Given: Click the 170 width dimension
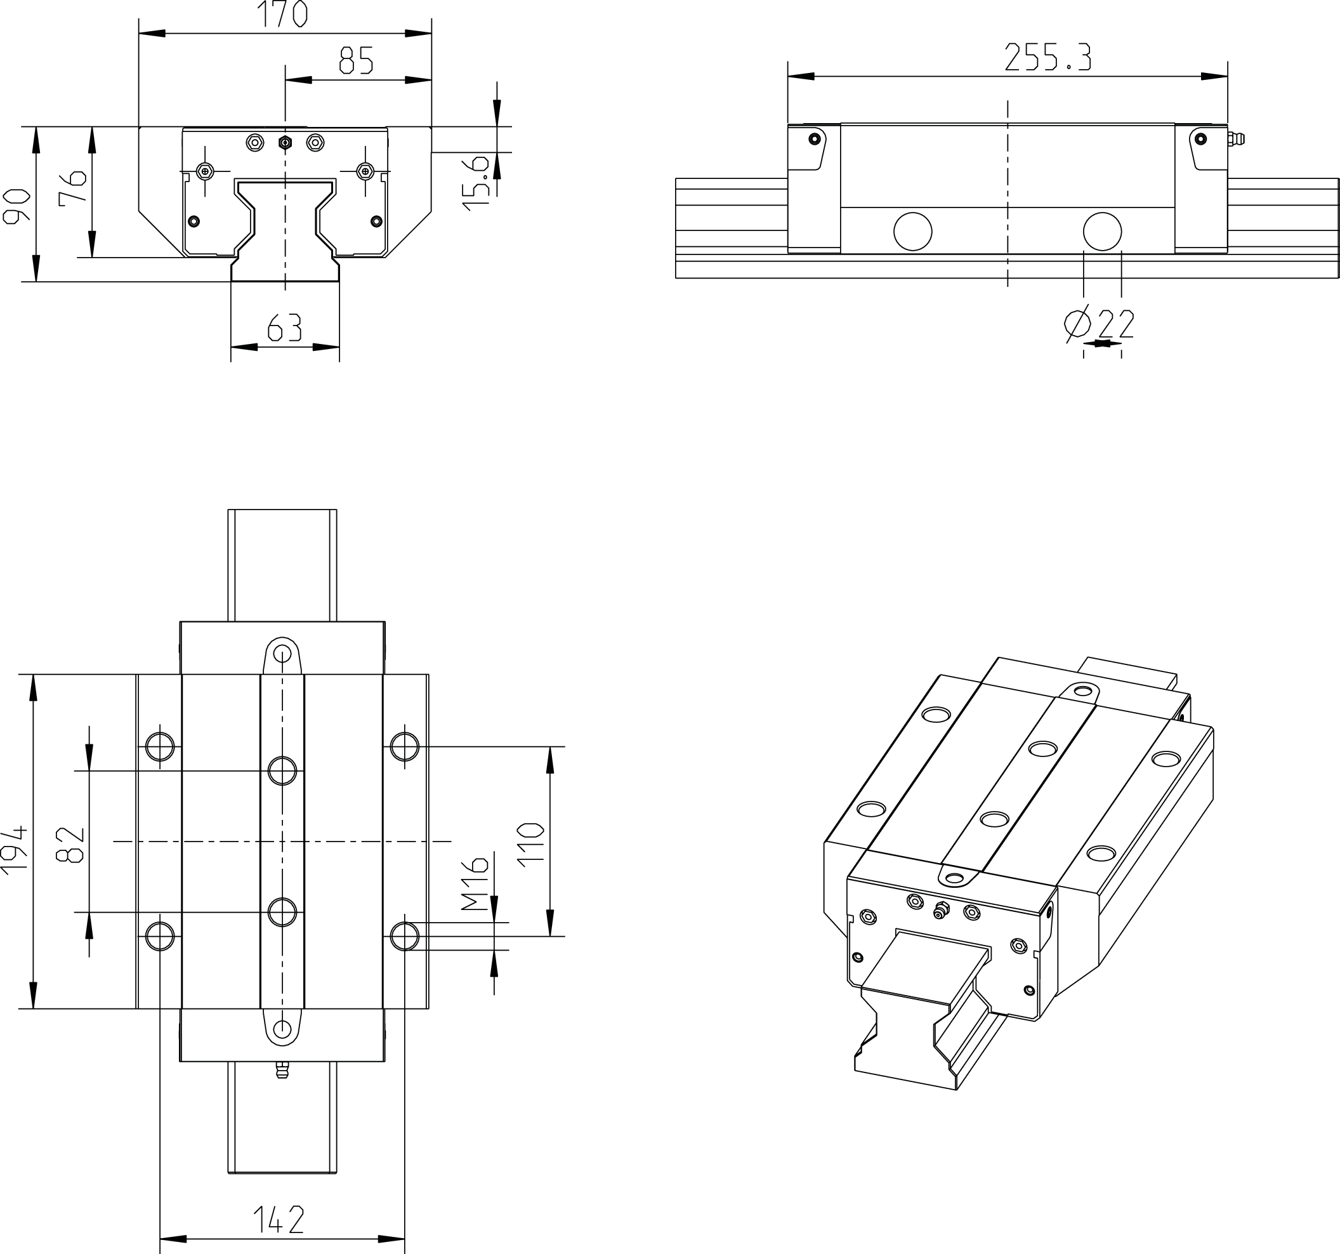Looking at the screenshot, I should tap(284, 15).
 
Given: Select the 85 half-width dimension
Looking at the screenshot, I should tap(356, 61).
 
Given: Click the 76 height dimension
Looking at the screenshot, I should tap(73, 187).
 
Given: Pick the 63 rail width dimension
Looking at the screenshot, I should tap(284, 328).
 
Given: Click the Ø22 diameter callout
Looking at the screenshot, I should tap(1100, 324).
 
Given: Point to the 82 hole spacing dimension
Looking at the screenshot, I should tap(72, 845).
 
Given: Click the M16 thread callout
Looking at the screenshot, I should tap(476, 884).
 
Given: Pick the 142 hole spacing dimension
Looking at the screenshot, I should tap(279, 1220).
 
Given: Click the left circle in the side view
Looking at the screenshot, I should tap(912, 231).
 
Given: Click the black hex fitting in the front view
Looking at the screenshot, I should tap(285, 143).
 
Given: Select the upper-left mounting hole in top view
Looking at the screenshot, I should tap(160, 746).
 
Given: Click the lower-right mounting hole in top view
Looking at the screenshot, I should tap(404, 937).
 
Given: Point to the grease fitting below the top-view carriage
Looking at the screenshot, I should tap(282, 1070).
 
